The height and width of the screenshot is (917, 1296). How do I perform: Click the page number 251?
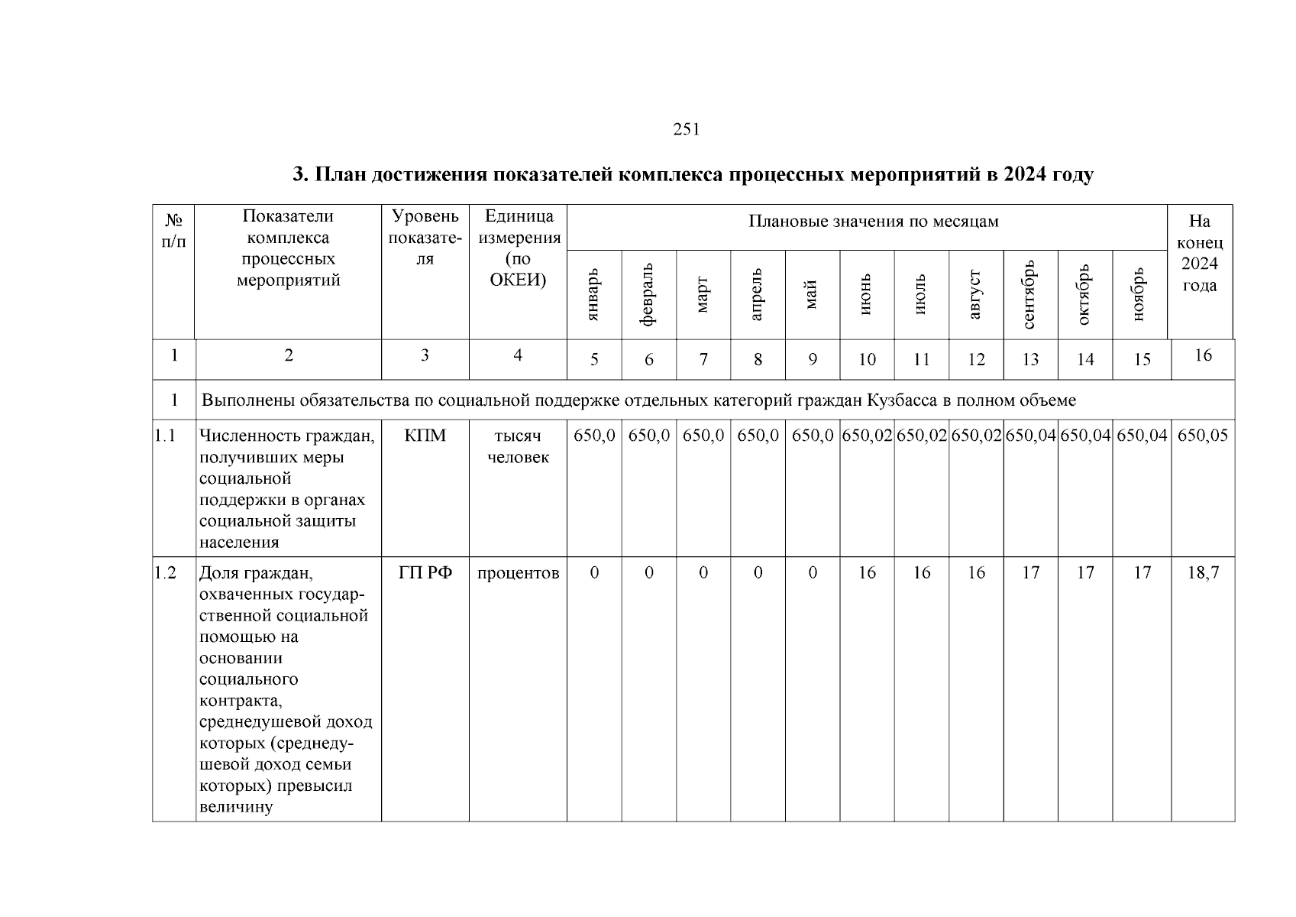click(686, 130)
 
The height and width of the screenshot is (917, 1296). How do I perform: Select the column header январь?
click(594, 294)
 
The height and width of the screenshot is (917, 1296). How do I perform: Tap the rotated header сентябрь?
click(1030, 294)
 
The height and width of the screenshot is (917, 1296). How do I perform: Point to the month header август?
click(976, 294)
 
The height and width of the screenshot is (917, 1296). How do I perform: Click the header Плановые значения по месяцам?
click(873, 222)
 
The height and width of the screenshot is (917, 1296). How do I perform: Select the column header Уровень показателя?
click(425, 238)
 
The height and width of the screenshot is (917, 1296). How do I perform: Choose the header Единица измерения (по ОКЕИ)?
click(518, 248)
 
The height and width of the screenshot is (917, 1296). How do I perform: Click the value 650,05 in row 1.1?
click(1203, 436)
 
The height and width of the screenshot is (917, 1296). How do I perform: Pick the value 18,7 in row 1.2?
click(1203, 573)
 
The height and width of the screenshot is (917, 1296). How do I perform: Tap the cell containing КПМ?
click(425, 436)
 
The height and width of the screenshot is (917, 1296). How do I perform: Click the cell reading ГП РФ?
click(425, 573)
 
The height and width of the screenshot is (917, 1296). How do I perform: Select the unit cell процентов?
click(518, 573)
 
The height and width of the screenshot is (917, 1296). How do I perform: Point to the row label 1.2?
click(165, 573)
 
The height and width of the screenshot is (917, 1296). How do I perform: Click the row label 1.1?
click(165, 436)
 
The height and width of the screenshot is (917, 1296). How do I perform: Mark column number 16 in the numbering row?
click(1203, 355)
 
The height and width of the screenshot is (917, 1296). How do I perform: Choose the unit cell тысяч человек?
click(518, 446)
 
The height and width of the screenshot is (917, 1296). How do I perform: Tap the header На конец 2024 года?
click(1200, 254)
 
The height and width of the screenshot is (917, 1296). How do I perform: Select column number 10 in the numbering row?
click(867, 360)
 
